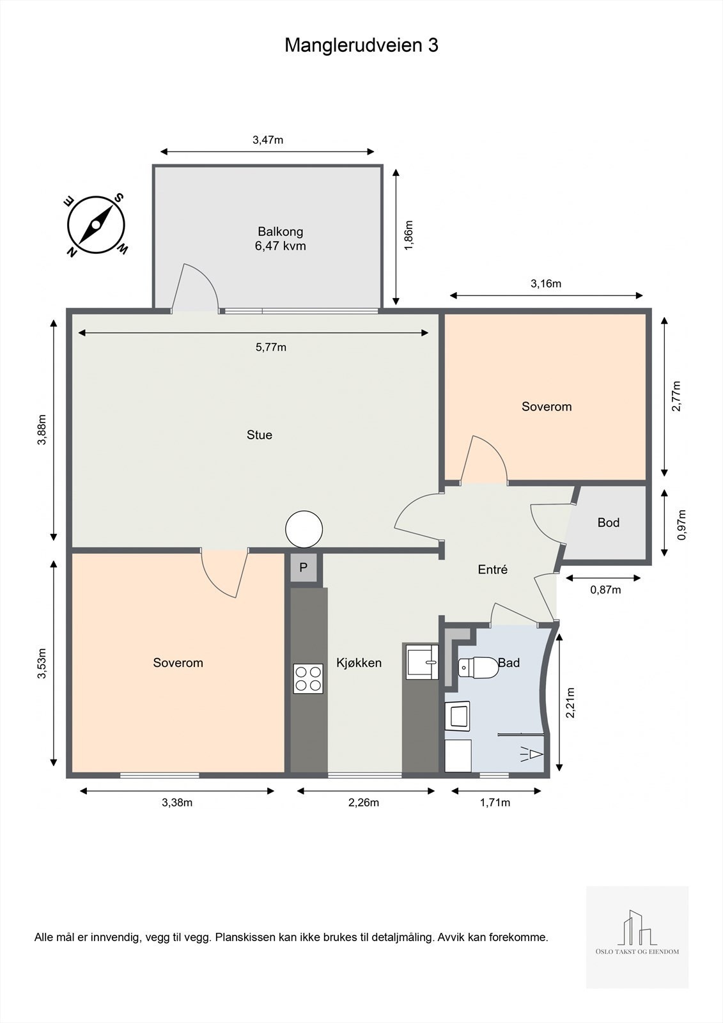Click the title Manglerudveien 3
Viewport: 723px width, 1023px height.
(361, 45)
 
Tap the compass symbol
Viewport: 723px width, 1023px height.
(97, 225)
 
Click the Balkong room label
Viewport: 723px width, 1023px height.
(281, 231)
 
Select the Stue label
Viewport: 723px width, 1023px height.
(260, 435)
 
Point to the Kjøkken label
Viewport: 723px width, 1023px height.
(359, 662)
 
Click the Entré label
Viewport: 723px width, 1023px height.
(493, 570)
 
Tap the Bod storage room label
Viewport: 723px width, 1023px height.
(609, 522)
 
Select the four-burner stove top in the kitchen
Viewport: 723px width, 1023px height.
(308, 678)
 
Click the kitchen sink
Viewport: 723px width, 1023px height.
(423, 662)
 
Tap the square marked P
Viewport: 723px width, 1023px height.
(303, 568)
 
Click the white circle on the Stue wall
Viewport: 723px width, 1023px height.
(304, 529)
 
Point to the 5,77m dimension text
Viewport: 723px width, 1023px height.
(271, 348)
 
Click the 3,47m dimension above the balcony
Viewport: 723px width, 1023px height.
(268, 140)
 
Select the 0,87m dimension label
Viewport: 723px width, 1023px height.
(605, 590)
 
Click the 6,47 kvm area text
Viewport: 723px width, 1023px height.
(281, 246)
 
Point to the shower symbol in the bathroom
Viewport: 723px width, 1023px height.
(532, 754)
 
